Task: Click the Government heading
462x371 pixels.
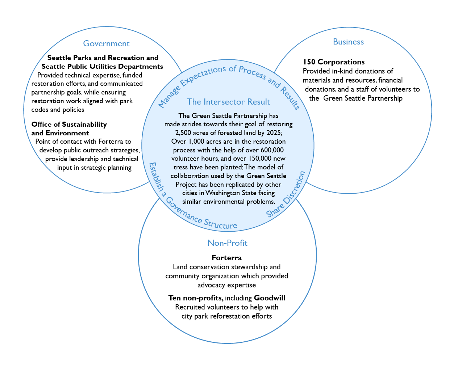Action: [106, 44]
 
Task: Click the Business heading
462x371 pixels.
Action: [348, 42]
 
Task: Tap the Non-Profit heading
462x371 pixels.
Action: [227, 243]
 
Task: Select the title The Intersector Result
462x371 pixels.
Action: [228, 102]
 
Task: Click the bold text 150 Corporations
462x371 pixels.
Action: [334, 62]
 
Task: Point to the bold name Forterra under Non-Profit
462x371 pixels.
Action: [227, 258]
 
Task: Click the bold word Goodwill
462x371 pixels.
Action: [270, 298]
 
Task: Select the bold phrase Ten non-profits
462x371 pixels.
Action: [195, 298]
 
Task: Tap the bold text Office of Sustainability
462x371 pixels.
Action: [69, 125]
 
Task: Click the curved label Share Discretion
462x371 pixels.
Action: [286, 194]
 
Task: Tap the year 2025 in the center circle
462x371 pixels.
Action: [273, 132]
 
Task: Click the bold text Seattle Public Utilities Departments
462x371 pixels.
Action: [102, 67]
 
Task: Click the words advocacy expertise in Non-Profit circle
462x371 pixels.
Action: [226, 285]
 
